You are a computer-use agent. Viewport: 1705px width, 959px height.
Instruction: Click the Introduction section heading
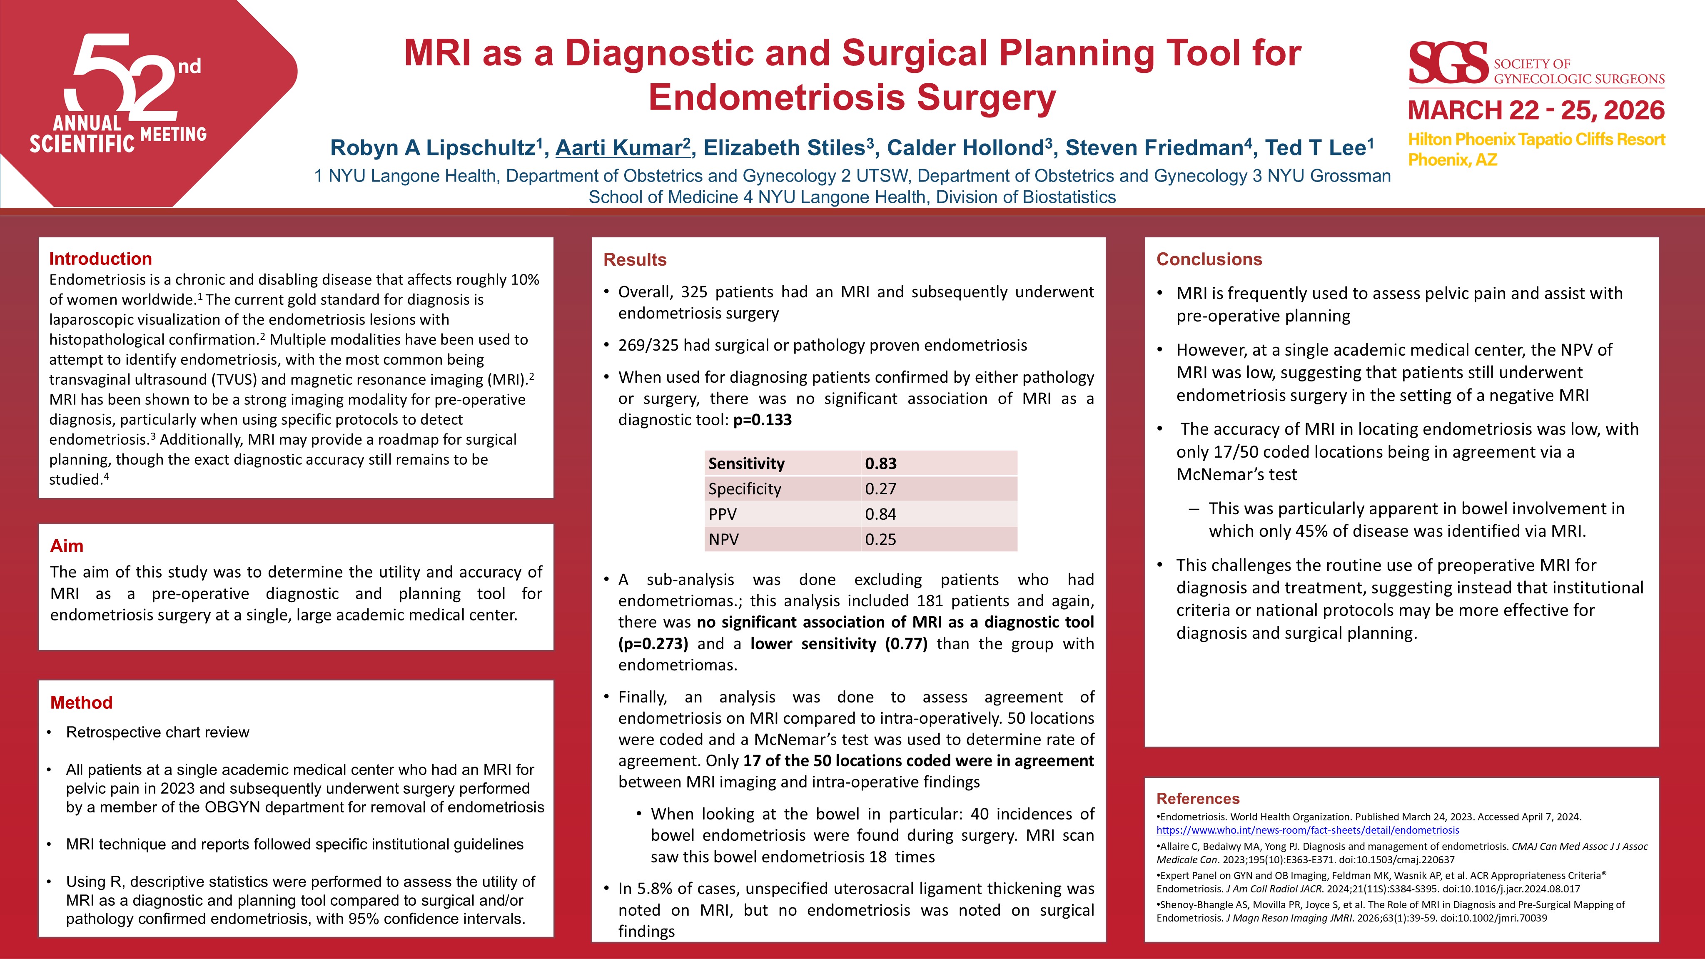point(101,259)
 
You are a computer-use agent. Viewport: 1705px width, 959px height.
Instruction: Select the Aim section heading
point(67,546)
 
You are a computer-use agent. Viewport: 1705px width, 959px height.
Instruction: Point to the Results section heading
point(635,259)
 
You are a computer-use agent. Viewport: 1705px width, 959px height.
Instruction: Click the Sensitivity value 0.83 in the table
point(880,463)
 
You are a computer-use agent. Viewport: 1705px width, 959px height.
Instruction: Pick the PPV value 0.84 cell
point(880,514)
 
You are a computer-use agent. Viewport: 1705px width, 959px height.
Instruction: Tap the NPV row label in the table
point(723,539)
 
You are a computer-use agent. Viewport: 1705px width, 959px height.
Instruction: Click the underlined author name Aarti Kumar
point(622,147)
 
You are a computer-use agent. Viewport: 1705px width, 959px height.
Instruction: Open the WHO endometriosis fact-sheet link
point(1307,830)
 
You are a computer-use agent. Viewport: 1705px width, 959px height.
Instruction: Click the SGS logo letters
point(1448,64)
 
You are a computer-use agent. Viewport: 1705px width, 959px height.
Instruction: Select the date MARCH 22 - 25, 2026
point(1535,110)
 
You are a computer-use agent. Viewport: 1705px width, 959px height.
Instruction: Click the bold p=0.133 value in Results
point(763,420)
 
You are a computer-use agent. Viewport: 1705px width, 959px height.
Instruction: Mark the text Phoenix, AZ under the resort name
point(1452,160)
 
